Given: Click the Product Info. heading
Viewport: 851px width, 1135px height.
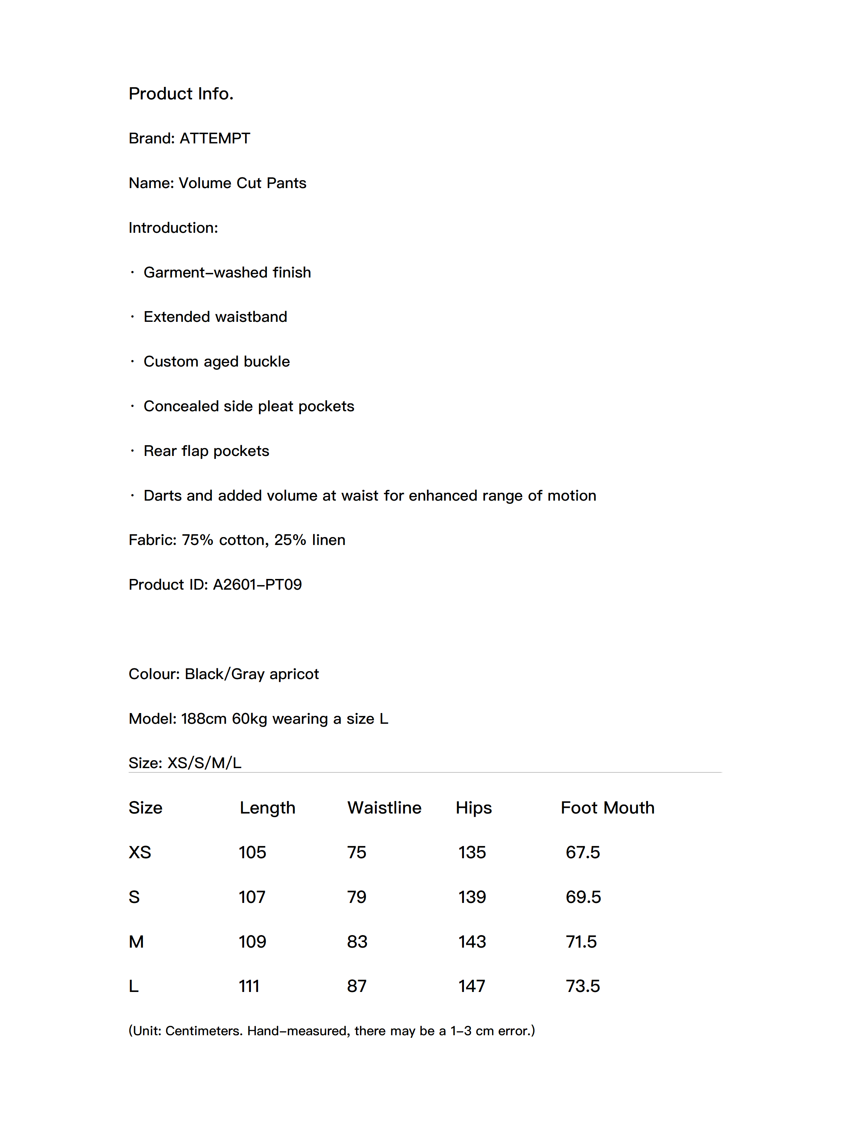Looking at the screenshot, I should (x=180, y=94).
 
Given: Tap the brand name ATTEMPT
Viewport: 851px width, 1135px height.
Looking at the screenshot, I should (x=214, y=138).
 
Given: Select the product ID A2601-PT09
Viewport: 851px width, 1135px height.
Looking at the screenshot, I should (x=257, y=584).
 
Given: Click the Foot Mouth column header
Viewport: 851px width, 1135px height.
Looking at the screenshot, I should (x=607, y=808).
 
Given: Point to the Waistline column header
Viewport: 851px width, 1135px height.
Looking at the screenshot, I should (x=384, y=808).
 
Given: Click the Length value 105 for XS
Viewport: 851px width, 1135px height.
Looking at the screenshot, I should (x=252, y=852).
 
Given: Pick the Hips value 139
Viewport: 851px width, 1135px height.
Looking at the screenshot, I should (x=471, y=897).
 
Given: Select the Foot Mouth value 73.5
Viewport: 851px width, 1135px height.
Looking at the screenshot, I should (x=582, y=986).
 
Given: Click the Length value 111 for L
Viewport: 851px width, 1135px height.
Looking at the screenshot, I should (x=249, y=986).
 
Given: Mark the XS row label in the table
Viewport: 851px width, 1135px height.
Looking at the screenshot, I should (x=139, y=852).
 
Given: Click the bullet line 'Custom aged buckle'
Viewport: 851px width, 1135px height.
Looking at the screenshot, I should (x=217, y=362).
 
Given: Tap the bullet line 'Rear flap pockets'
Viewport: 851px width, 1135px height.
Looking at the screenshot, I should (x=206, y=451).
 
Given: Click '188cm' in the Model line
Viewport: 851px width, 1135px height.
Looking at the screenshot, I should (x=204, y=719).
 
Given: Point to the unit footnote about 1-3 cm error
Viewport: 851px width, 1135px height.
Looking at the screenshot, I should (x=331, y=1031).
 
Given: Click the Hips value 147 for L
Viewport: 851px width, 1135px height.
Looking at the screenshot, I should (x=471, y=986).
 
